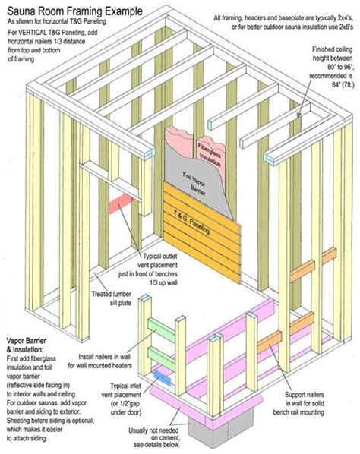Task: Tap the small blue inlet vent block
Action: coord(160,374)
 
